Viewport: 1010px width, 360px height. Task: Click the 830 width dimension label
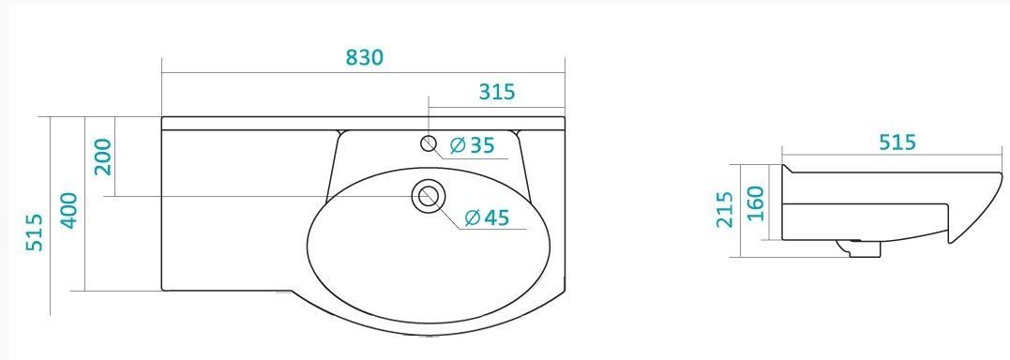coord(365,57)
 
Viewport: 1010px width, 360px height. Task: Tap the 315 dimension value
coord(497,92)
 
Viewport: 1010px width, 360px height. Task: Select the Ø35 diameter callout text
coord(472,145)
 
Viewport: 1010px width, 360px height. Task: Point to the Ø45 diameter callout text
coord(487,218)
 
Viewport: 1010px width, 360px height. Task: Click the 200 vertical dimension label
coord(103,157)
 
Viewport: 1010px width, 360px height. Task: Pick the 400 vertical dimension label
coord(68,210)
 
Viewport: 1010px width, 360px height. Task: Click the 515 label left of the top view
coord(34,232)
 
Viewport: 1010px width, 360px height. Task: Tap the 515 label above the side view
coord(897,142)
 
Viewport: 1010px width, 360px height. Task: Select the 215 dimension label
coord(725,209)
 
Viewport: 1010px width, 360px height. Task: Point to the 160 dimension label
coord(755,202)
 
